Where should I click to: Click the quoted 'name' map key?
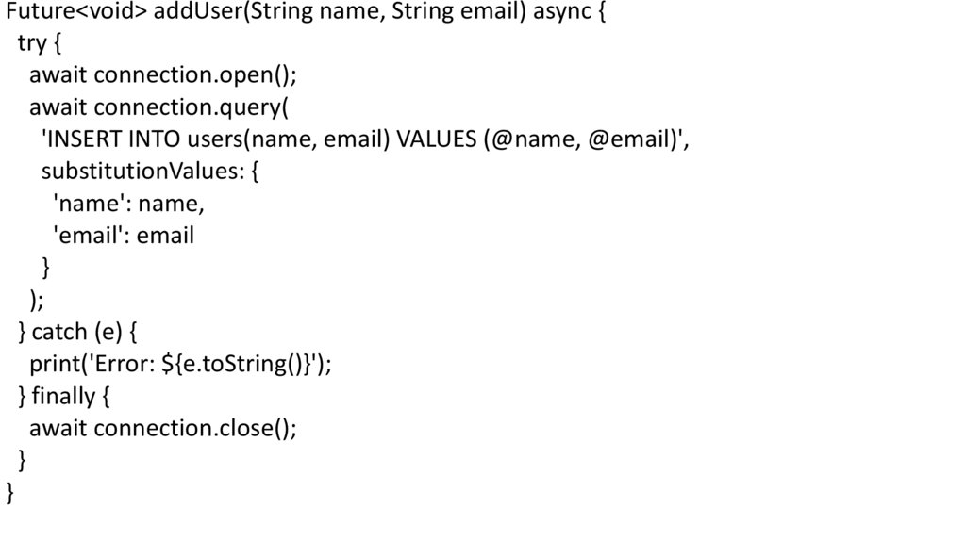tap(87, 204)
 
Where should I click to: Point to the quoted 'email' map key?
tap(88, 236)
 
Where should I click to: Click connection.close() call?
tap(192, 428)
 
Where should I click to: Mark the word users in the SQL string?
tap(213, 139)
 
